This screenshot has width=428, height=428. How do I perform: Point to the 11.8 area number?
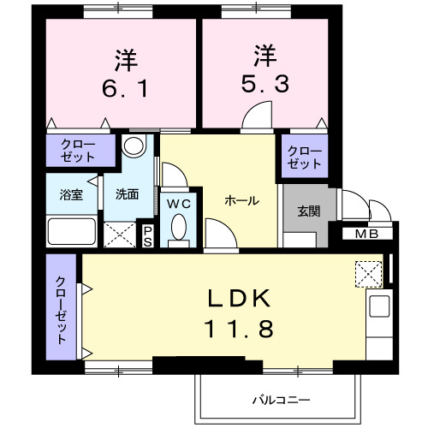[238, 327]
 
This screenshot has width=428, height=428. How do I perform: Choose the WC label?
[178, 204]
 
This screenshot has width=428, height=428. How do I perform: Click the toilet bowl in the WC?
[178, 228]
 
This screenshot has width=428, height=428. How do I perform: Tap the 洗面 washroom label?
[128, 193]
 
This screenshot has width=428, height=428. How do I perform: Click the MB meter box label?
[368, 234]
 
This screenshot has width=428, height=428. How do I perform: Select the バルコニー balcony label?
[280, 400]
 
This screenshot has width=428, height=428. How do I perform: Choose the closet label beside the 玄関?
[305, 158]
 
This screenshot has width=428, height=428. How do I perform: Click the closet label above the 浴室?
[78, 152]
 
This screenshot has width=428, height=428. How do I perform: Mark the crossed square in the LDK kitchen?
[371, 272]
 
